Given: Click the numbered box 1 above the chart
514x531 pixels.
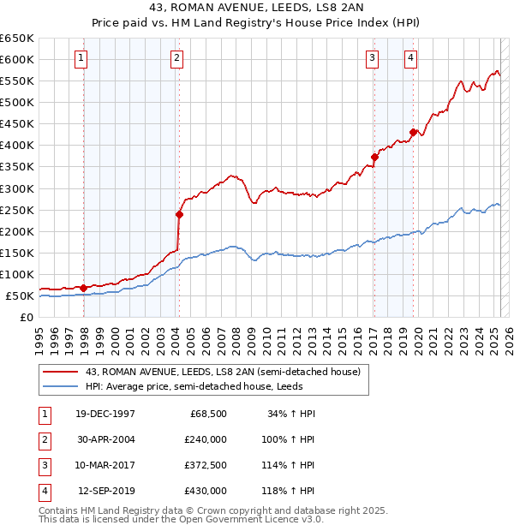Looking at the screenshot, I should pyautogui.click(x=80, y=58).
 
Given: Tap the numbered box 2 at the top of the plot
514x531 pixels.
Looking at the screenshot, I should pyautogui.click(x=176, y=58).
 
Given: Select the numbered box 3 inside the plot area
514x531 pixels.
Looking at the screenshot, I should pyautogui.click(x=373, y=58).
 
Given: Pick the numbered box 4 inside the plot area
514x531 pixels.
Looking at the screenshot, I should pyautogui.click(x=411, y=58).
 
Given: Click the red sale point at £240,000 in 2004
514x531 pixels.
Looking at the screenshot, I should pyautogui.click(x=179, y=214).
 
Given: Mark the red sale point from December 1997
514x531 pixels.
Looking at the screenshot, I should pyautogui.click(x=83, y=288).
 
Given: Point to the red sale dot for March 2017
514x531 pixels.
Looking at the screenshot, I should pyautogui.click(x=374, y=157).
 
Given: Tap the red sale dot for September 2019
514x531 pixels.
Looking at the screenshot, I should pyautogui.click(x=413, y=132).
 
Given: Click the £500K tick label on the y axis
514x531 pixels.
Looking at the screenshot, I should pyautogui.click(x=18, y=103).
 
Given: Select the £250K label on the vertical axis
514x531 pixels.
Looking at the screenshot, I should pyautogui.click(x=18, y=210).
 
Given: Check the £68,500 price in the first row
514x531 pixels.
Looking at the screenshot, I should pyautogui.click(x=208, y=414).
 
